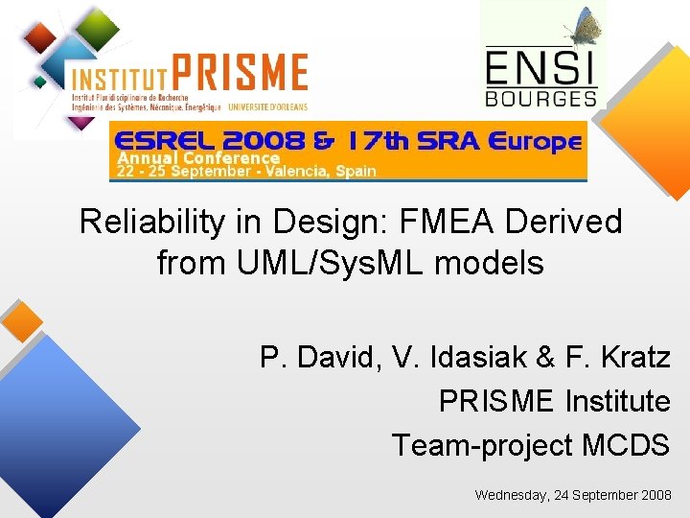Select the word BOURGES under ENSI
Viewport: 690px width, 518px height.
541,97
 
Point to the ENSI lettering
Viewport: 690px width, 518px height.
541,67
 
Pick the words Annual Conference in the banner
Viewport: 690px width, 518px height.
198,157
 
